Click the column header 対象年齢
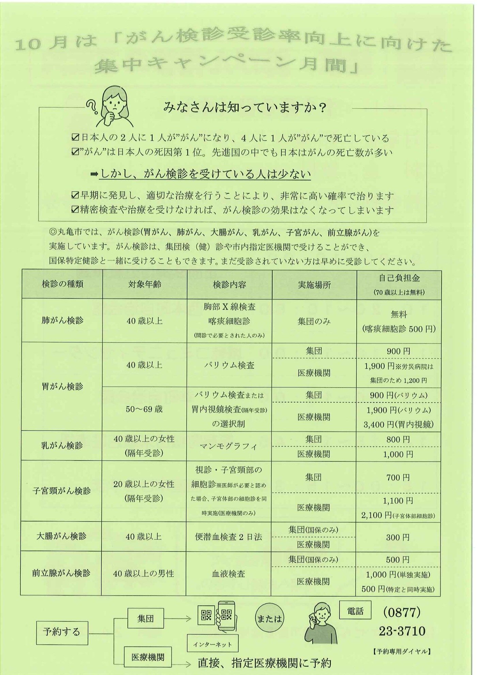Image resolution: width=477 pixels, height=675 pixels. point(145,284)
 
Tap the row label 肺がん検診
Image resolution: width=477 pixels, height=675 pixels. point(62,320)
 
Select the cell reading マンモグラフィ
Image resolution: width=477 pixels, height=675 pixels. point(229,446)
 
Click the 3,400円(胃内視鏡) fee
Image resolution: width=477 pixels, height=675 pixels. point(398,424)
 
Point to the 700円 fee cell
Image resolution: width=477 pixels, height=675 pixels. point(398,478)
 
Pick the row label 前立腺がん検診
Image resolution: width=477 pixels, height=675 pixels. point(61,573)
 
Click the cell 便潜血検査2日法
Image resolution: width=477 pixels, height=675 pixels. point(229,537)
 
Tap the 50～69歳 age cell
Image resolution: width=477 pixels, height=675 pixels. point(144,409)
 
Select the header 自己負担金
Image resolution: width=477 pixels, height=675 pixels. point(399,278)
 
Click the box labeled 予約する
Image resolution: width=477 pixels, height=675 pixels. point(62,632)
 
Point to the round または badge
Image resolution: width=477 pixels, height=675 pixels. point(269,618)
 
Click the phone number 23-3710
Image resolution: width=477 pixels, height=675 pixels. point(402,631)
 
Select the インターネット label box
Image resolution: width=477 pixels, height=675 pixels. point(212,644)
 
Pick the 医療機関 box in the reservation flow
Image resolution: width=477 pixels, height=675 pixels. point(148,657)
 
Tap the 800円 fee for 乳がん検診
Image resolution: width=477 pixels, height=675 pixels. point(398,439)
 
